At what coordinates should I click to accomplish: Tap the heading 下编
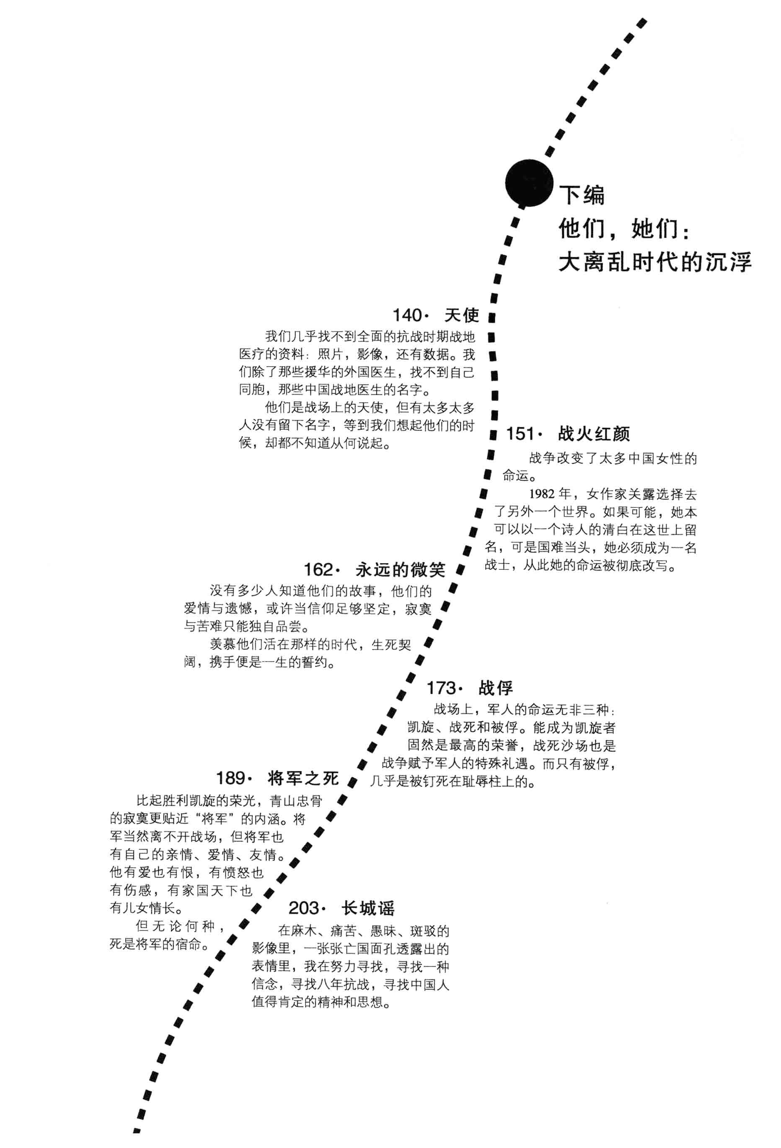tap(582, 195)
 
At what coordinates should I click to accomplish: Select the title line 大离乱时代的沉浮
tap(654, 262)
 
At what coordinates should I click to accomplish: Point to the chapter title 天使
tap(461, 315)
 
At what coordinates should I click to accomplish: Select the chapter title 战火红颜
tap(594, 434)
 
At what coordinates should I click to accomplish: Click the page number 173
tap(441, 688)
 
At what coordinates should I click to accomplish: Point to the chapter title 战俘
tap(496, 688)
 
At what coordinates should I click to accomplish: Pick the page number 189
tap(231, 778)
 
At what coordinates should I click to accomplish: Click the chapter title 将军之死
tap(303, 778)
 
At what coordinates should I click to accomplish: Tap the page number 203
tap(304, 908)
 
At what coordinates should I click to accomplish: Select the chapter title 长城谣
tap(368, 908)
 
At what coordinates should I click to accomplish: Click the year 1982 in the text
tap(543, 494)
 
